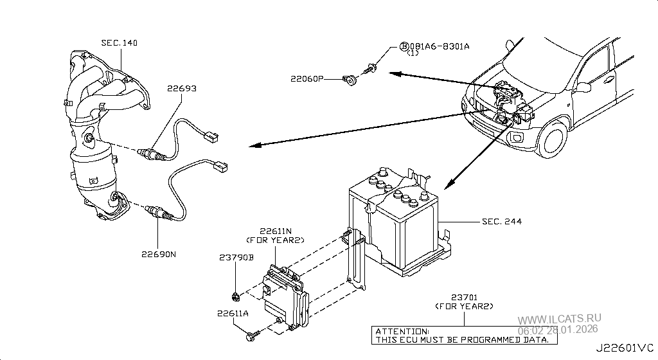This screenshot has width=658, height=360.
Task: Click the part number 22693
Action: (x=182, y=89)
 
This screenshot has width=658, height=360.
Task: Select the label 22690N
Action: (x=159, y=255)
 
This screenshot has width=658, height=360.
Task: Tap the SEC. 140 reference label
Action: (x=119, y=43)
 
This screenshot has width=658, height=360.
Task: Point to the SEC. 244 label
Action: (x=502, y=221)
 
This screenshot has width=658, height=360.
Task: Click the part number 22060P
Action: (x=307, y=78)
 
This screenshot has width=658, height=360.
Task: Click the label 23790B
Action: (x=236, y=257)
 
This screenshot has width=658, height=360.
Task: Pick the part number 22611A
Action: (x=233, y=314)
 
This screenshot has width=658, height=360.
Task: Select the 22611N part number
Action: (x=276, y=231)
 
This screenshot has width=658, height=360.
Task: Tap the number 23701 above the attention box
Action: (x=465, y=298)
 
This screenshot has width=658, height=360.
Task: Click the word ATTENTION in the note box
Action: (x=402, y=332)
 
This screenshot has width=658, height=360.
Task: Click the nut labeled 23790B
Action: (x=235, y=297)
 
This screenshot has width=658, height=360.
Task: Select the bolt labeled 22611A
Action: (x=253, y=335)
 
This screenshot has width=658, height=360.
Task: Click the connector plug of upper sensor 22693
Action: (x=211, y=137)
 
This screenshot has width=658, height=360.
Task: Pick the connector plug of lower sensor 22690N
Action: (x=220, y=166)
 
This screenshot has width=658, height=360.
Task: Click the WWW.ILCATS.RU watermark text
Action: (x=560, y=318)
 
